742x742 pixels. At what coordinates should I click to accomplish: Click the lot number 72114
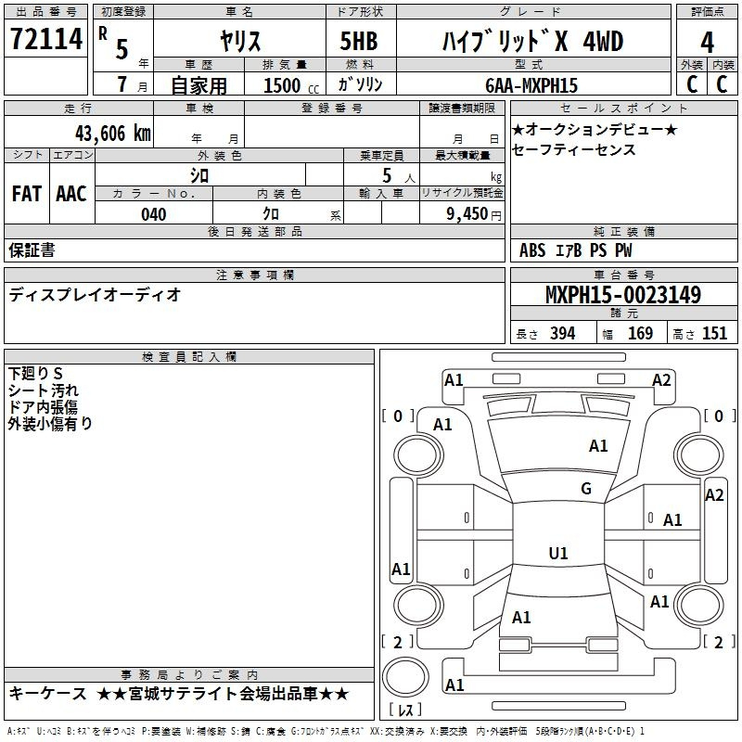click(x=46, y=39)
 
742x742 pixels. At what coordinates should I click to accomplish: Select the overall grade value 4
click(x=707, y=43)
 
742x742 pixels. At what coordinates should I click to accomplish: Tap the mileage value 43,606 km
click(x=113, y=134)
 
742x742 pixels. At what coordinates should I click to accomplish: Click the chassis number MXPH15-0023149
click(x=623, y=295)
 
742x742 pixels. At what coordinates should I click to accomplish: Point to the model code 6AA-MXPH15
click(x=531, y=85)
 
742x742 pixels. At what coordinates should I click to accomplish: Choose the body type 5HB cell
click(x=359, y=41)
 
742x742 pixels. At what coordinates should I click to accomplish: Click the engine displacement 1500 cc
click(x=291, y=86)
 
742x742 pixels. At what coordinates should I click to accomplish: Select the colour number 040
click(x=153, y=215)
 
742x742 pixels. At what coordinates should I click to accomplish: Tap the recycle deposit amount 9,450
click(x=467, y=214)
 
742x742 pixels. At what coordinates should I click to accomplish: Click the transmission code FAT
click(x=27, y=194)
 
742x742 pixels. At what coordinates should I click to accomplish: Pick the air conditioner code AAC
click(x=71, y=194)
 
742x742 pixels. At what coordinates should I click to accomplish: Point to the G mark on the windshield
click(x=586, y=488)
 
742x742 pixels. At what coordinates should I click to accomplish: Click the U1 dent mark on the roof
click(x=558, y=553)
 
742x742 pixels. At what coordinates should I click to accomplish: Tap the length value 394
click(x=563, y=334)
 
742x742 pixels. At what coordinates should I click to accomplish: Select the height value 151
click(x=714, y=334)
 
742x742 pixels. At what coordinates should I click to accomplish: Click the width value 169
click(x=640, y=334)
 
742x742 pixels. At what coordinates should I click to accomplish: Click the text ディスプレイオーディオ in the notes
click(x=95, y=295)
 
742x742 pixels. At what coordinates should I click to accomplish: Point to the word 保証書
click(x=32, y=250)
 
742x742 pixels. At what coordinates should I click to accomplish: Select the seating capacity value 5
click(x=387, y=176)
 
